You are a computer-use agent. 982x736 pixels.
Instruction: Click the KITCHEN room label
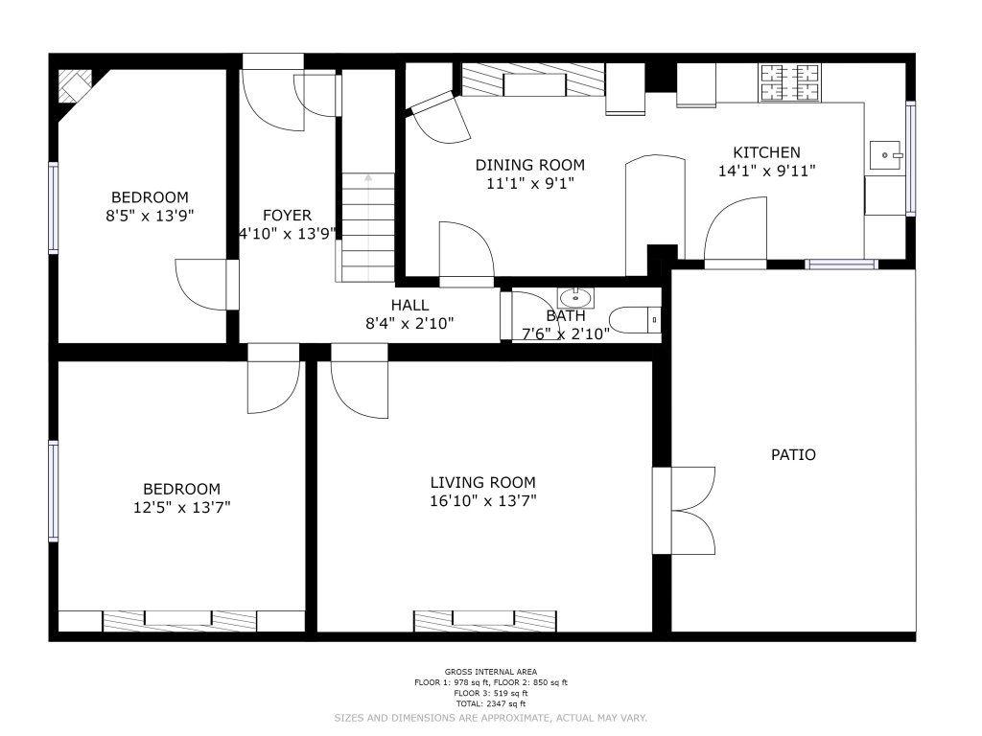click(x=766, y=152)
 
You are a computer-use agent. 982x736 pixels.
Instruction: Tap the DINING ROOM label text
click(x=529, y=165)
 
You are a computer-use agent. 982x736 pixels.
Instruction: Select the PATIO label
click(x=793, y=455)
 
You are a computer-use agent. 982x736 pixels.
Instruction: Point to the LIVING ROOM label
click(x=483, y=483)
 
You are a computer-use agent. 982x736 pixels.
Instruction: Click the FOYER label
click(x=287, y=216)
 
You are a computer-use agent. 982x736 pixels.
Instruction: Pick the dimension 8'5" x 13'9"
click(x=150, y=216)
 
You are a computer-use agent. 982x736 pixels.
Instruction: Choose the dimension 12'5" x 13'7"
click(x=181, y=507)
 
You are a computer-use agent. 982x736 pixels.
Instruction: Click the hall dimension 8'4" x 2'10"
click(x=409, y=324)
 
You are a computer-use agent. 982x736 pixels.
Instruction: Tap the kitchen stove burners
click(x=790, y=82)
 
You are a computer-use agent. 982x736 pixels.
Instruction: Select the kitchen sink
click(x=887, y=154)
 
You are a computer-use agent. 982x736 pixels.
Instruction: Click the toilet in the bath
click(x=635, y=320)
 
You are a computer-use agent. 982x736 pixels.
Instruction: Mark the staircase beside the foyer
click(x=368, y=227)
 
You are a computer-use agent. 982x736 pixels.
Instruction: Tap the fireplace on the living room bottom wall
click(x=484, y=621)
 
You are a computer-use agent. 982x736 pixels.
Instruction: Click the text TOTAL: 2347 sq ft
click(x=491, y=703)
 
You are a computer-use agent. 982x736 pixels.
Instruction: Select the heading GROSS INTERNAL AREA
click(x=491, y=672)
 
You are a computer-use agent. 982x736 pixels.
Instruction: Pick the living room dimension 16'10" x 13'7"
click(x=483, y=500)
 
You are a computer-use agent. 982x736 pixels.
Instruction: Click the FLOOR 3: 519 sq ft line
click(x=491, y=693)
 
